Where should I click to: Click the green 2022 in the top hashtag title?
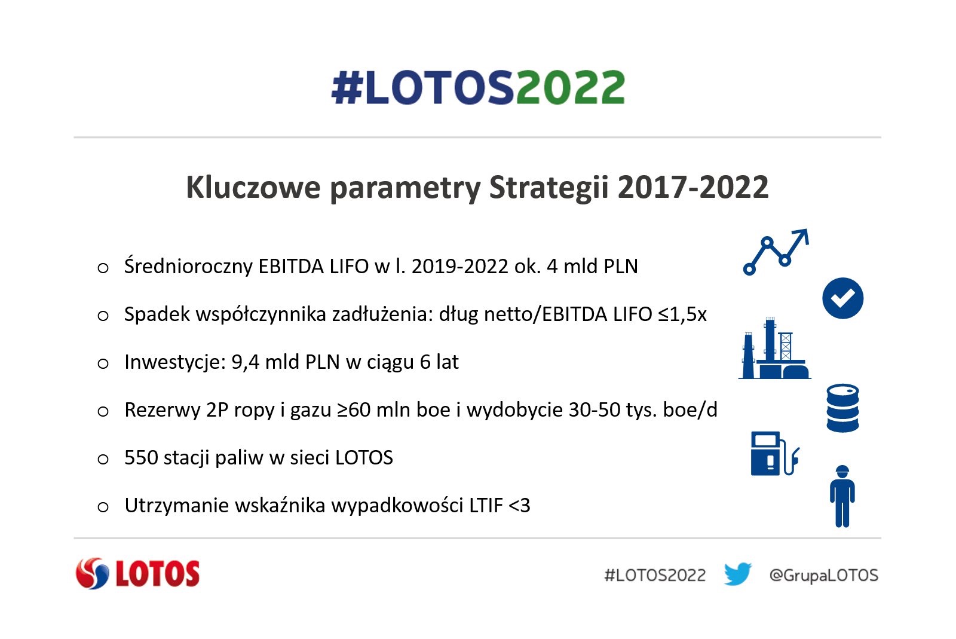coord(570,87)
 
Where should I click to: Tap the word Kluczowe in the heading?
coord(253,187)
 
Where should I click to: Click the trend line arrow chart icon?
coord(776,252)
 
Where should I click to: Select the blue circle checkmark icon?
coord(842,298)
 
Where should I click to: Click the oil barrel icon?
coord(842,408)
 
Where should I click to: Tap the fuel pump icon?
coord(774,453)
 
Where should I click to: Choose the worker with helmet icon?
coord(842,496)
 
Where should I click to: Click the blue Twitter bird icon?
coord(737,574)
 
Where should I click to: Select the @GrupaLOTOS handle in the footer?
coord(824,575)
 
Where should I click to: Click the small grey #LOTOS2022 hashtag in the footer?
coord(655,575)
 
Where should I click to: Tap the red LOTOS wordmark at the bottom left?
coord(158,573)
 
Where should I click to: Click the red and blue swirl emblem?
coord(92,573)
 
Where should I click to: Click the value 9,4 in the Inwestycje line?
coord(245,362)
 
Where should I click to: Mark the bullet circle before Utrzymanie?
coord(103,507)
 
